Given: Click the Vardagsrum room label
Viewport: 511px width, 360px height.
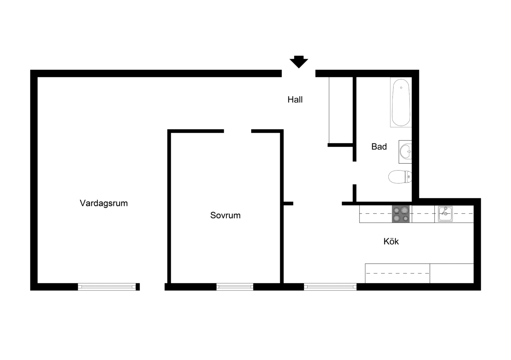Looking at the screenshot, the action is pyautogui.click(x=104, y=203).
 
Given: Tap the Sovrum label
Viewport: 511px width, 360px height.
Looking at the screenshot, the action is pyautogui.click(x=226, y=215).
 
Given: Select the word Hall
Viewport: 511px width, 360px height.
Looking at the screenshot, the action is pyautogui.click(x=295, y=100).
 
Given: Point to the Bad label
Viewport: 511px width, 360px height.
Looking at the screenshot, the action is pyautogui.click(x=379, y=147).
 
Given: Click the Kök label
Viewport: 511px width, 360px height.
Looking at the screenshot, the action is pyautogui.click(x=391, y=241).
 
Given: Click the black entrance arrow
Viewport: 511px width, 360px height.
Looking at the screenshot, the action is pyautogui.click(x=299, y=62).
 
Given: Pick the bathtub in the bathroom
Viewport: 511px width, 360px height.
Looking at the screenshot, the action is pyautogui.click(x=401, y=102).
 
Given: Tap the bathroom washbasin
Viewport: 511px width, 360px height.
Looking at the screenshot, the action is pyautogui.click(x=405, y=152).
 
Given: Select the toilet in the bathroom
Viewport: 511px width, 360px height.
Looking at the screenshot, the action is pyautogui.click(x=400, y=177).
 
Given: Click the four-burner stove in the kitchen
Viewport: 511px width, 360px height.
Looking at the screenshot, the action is pyautogui.click(x=401, y=214).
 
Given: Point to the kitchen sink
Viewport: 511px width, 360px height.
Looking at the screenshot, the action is pyautogui.click(x=445, y=214).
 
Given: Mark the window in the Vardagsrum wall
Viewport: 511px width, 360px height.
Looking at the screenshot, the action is pyautogui.click(x=107, y=287).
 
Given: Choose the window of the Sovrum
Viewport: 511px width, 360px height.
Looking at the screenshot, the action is pyautogui.click(x=235, y=287).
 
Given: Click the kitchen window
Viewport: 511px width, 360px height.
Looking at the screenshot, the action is pyautogui.click(x=330, y=287).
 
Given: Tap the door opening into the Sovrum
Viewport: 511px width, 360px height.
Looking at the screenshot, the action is pyautogui.click(x=238, y=131).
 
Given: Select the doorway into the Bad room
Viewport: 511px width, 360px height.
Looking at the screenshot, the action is pyautogui.click(x=354, y=173).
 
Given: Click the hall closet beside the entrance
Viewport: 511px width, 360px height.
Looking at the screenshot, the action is pyautogui.click(x=340, y=110).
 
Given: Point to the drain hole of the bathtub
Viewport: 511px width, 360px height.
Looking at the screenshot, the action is pyautogui.click(x=401, y=88).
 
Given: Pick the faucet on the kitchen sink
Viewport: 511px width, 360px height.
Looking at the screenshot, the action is pyautogui.click(x=445, y=211).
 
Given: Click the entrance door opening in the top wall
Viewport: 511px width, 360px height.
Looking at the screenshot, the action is pyautogui.click(x=298, y=74).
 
